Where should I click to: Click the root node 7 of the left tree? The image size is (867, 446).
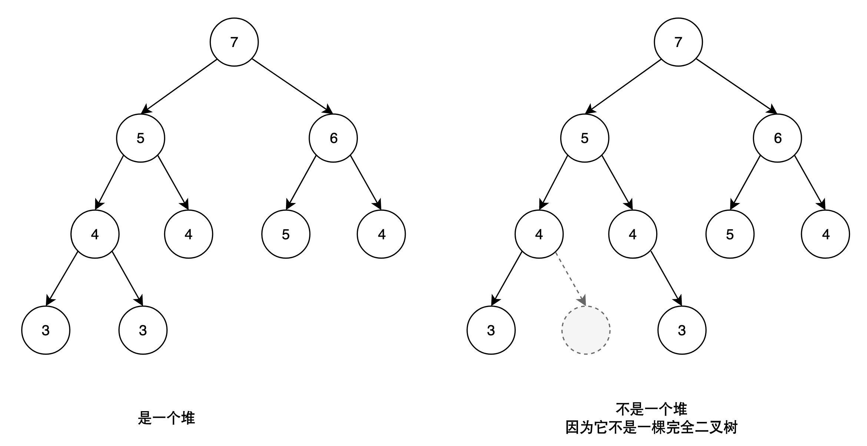234,42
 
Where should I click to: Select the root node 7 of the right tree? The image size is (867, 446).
678,42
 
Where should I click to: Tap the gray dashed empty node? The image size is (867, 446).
586,330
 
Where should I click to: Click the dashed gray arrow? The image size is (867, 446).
571,280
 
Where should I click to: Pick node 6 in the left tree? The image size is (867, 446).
333,138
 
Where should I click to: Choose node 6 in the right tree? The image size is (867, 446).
777,138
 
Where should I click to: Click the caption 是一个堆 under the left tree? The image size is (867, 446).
166,419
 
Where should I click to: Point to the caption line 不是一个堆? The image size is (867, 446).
651,409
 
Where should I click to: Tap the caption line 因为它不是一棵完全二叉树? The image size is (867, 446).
651,428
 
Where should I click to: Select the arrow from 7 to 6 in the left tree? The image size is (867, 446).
292,86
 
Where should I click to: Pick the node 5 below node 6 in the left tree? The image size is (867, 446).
286,234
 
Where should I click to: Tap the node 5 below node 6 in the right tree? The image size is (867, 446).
730,234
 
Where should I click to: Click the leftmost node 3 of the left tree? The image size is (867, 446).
46,330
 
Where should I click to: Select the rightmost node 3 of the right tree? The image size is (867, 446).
682,330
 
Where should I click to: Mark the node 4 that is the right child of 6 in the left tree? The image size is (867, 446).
381,234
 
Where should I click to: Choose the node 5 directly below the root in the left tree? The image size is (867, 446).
140,138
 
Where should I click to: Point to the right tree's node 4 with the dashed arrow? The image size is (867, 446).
539,234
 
